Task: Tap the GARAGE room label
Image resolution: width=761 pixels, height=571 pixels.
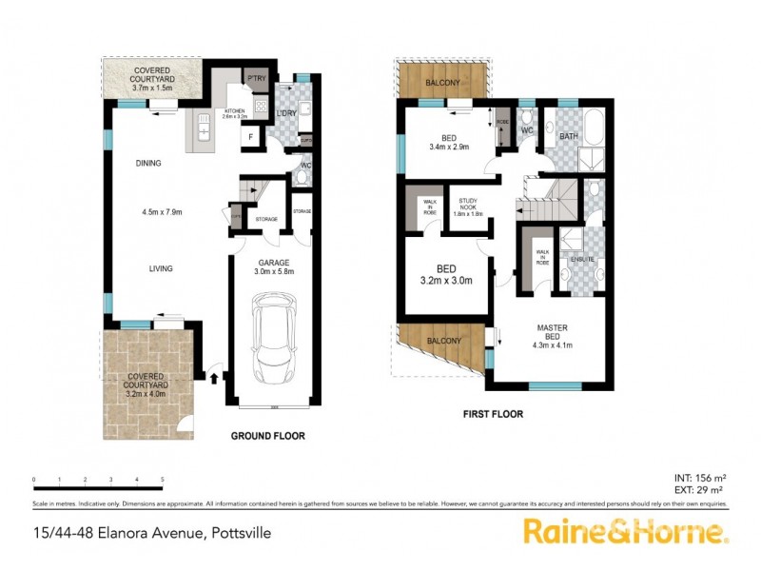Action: point(274,262)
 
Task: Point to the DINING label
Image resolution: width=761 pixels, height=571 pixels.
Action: point(147,163)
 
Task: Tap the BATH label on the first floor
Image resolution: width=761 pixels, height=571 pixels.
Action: point(569,136)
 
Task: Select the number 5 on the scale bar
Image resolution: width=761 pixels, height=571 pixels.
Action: point(163,480)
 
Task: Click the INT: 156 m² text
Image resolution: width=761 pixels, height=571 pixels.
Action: point(699,477)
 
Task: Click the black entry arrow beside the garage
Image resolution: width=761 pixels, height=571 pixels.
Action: point(213,378)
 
